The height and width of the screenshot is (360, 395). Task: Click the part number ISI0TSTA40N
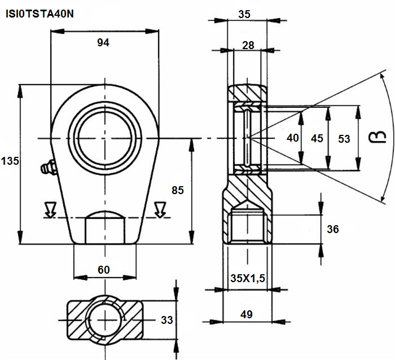point(39,14)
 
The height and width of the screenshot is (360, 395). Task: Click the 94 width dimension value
point(103,42)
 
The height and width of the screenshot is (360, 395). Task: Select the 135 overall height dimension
point(10,161)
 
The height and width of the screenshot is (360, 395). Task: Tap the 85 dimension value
point(178,190)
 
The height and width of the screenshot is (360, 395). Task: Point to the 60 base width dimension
point(103,270)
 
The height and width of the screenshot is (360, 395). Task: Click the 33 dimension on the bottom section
point(167,320)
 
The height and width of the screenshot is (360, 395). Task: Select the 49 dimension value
point(247,314)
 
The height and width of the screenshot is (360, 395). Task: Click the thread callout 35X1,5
point(248,278)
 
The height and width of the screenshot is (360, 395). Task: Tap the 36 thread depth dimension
point(333,229)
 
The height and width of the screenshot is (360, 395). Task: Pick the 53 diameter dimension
point(344,139)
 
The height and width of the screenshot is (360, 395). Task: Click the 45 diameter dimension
point(317,138)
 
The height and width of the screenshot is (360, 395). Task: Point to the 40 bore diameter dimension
point(293,138)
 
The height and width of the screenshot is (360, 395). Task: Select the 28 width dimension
point(248,45)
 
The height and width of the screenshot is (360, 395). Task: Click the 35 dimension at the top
point(244,14)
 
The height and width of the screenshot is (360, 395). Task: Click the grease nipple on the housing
point(48,167)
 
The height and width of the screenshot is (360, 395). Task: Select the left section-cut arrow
point(50,209)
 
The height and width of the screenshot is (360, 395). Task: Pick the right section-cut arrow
point(160,209)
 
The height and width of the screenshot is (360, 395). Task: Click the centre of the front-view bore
point(105,138)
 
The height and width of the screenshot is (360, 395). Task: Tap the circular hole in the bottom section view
point(105,320)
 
